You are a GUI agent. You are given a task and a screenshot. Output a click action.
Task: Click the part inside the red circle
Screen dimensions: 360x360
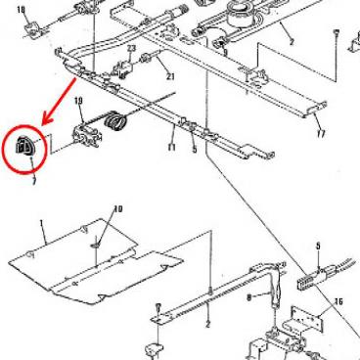24,148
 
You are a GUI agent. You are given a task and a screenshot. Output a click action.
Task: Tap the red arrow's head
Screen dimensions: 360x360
49,126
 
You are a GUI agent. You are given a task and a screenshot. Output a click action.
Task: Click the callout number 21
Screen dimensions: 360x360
169,77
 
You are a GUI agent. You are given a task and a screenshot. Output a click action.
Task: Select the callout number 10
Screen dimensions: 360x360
118,208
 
